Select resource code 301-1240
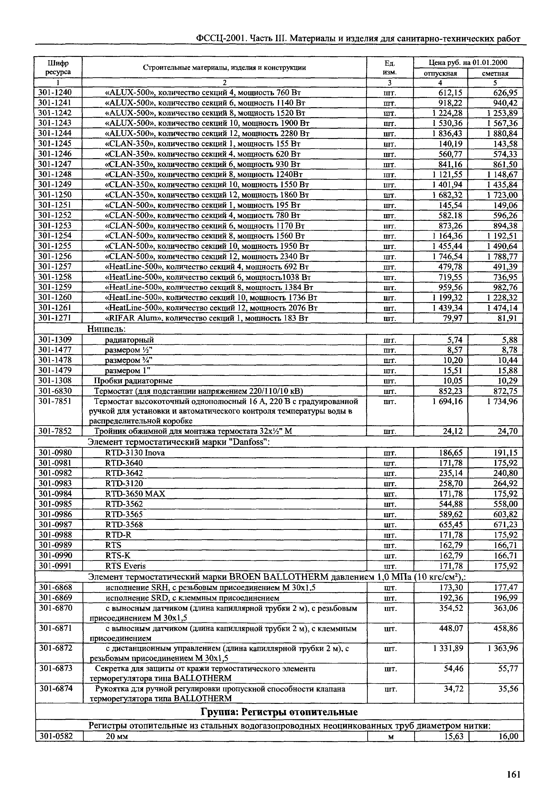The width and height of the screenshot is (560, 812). pyautogui.click(x=55, y=92)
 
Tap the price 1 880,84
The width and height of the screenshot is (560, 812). pyautogui.click(x=502, y=134)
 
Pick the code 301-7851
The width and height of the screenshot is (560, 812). pyautogui.click(x=55, y=401)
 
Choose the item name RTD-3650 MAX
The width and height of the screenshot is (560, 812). pyautogui.click(x=135, y=494)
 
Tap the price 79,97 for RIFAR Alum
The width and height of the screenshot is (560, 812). pyautogui.click(x=453, y=318)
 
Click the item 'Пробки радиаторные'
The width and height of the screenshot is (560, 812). pyautogui.click(x=133, y=381)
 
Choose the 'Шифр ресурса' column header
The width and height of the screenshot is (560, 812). pyautogui.click(x=58, y=67)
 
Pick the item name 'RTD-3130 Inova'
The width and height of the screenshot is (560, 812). pyautogui.click(x=135, y=453)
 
